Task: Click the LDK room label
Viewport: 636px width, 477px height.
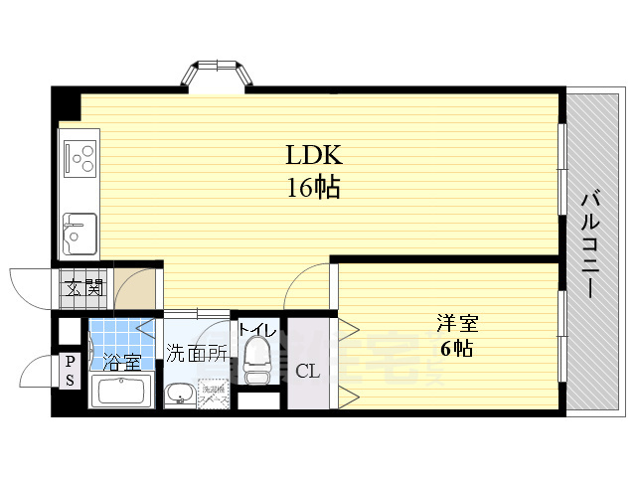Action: click(314, 156)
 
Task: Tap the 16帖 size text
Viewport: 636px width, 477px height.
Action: click(314, 187)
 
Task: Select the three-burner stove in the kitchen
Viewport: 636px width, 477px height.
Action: click(80, 156)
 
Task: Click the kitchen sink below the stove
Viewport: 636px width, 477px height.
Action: click(79, 236)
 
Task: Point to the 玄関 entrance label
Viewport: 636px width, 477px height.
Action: click(84, 289)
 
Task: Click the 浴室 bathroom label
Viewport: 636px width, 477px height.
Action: click(122, 362)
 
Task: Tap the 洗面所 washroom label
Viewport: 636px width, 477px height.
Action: click(197, 353)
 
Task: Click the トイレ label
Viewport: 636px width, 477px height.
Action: click(257, 327)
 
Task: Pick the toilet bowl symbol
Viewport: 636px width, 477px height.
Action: click(257, 360)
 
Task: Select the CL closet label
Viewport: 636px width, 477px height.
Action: click(308, 372)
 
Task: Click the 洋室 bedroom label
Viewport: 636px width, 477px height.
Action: click(456, 324)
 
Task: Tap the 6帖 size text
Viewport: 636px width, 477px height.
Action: click(456, 349)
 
